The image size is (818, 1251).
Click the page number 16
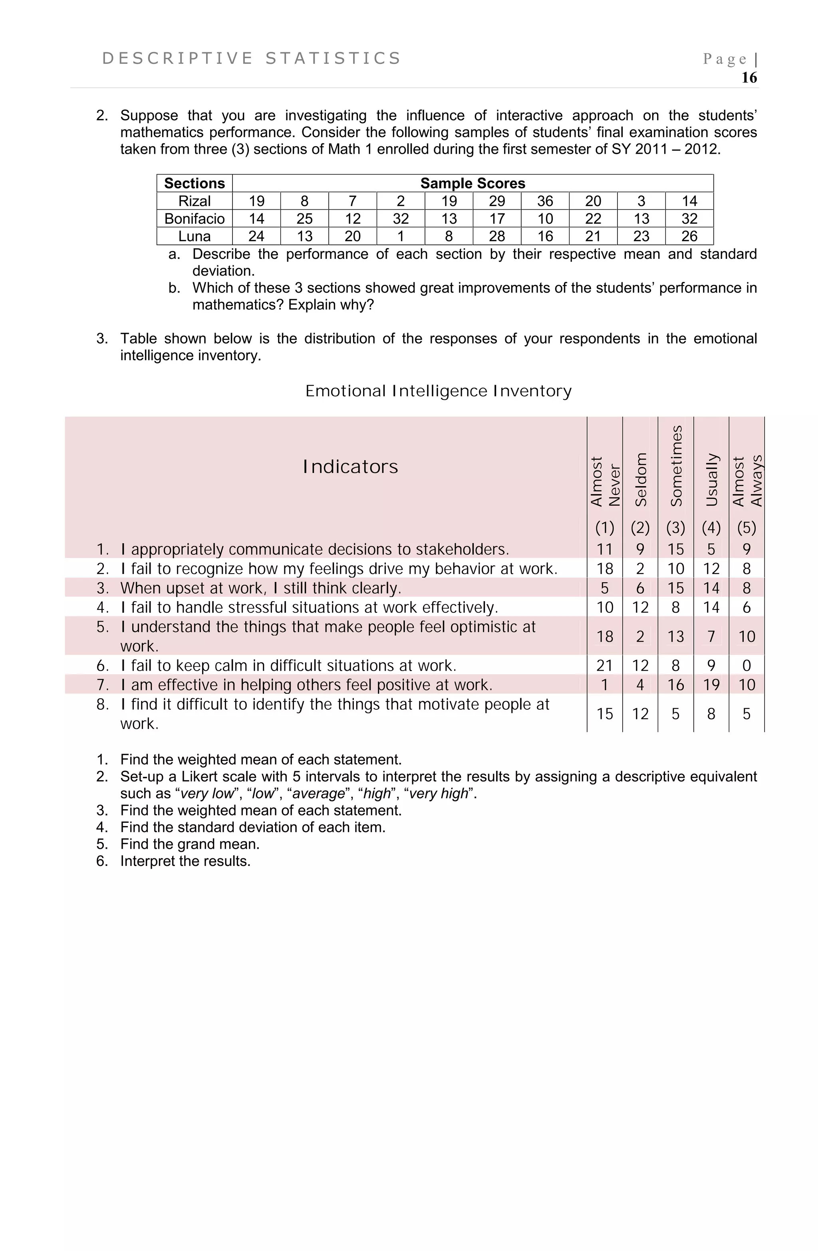(x=749, y=78)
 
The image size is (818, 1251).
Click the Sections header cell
(x=194, y=183)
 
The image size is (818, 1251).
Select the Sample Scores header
(x=472, y=183)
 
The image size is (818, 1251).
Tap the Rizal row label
(x=194, y=201)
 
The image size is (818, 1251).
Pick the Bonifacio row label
(x=194, y=218)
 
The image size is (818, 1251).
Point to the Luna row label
(x=194, y=236)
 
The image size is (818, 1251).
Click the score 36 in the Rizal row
(x=545, y=201)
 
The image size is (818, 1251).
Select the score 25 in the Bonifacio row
(x=304, y=218)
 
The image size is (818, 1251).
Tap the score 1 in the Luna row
(x=400, y=236)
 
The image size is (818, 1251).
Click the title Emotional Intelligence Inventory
(x=438, y=391)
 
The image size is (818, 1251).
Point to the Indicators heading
(x=350, y=467)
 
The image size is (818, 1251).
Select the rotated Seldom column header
(x=640, y=479)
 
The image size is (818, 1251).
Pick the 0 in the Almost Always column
(x=746, y=665)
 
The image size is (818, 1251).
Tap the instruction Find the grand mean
(x=190, y=844)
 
